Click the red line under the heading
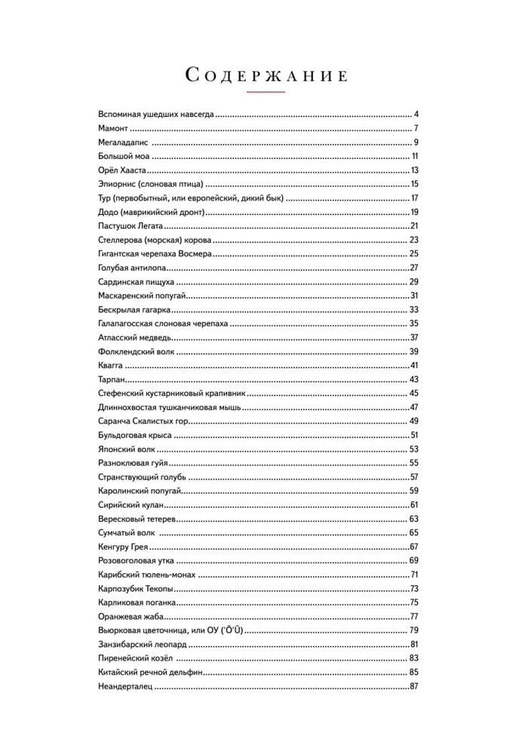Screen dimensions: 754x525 point(266,92)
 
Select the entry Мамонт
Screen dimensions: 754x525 point(115,128)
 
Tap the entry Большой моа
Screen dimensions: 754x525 point(124,156)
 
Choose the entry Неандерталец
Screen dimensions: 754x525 point(125,685)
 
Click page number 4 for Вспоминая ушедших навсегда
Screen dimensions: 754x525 point(416,115)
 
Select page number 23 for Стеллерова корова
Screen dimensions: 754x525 point(414,240)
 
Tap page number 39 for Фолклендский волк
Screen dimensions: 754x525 point(414,351)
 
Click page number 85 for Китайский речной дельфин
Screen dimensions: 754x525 point(414,672)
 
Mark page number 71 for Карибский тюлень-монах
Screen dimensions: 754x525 point(414,575)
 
